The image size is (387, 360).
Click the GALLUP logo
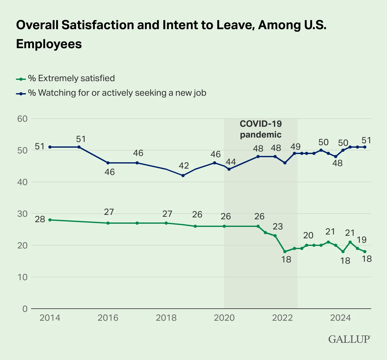349,339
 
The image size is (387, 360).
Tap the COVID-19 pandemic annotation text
260,129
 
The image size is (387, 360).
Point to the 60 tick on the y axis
23,119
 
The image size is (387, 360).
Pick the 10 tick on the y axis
23,277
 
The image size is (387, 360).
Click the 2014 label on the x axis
50,318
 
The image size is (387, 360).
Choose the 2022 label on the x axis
282,318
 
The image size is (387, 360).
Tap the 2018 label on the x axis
166,318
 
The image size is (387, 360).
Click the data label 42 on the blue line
184,165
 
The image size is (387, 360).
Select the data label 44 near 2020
231,162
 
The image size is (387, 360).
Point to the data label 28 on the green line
40,219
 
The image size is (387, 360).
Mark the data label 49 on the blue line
295,146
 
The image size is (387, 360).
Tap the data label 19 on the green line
362,240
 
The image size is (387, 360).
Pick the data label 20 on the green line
308,235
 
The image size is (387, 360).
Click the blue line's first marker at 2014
50,147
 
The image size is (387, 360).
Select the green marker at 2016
108,223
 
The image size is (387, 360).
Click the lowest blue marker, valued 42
183,176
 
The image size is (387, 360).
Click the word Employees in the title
49,44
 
